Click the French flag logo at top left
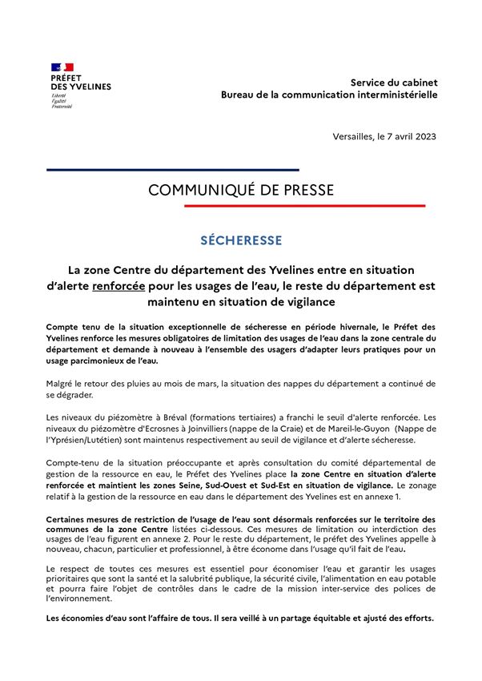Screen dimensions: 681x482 [x=62, y=66]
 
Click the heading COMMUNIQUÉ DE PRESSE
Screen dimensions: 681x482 [x=241, y=190]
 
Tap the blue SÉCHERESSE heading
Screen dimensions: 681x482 [x=241, y=240]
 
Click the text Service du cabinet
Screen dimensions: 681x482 [x=394, y=83]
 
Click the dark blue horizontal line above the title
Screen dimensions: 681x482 [x=172, y=170]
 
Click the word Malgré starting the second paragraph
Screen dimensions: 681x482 [x=62, y=383]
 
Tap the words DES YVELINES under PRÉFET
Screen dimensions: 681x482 [x=80, y=87]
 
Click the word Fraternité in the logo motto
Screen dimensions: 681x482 [x=62, y=107]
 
